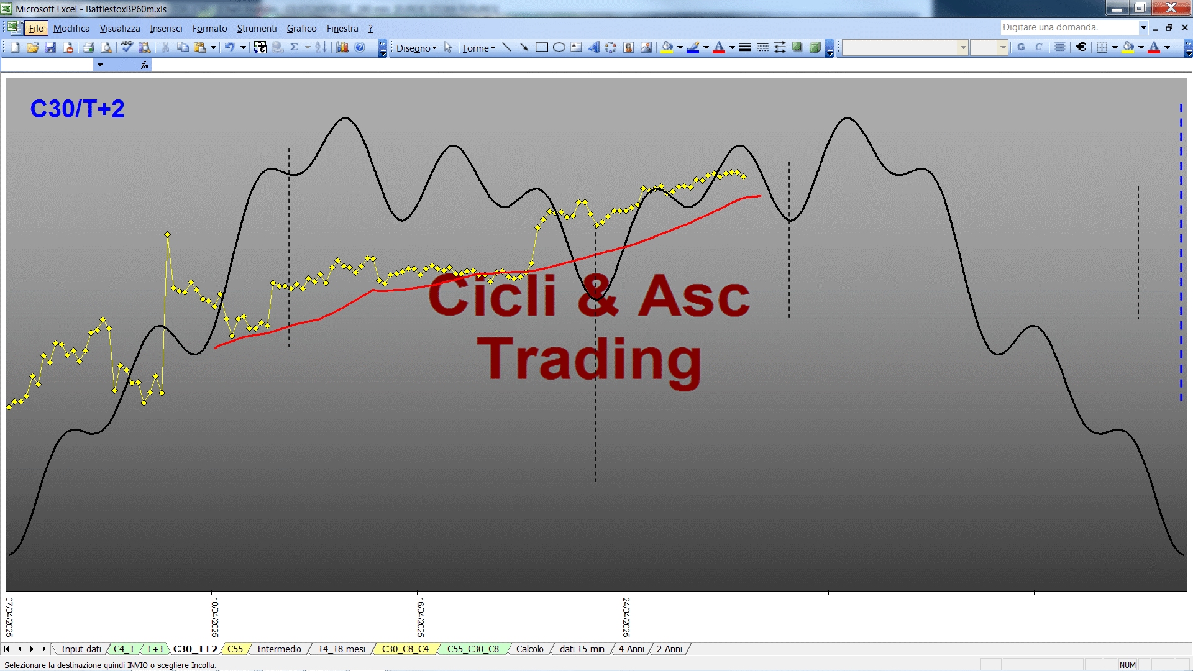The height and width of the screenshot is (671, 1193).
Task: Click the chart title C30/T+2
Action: (78, 109)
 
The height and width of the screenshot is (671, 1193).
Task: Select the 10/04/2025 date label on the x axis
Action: (215, 617)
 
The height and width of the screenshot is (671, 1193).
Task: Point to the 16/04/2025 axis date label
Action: (421, 617)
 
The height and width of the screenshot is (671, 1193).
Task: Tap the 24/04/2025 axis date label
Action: (626, 617)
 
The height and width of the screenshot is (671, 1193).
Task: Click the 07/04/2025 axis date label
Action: (9, 617)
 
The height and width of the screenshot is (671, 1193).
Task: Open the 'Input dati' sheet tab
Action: (81, 649)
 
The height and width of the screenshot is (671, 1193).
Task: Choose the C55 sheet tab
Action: (235, 649)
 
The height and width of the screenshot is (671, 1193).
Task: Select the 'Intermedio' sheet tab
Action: (279, 649)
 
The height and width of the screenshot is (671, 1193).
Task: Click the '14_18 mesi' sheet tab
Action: (342, 649)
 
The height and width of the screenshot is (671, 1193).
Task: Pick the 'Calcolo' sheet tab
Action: (530, 649)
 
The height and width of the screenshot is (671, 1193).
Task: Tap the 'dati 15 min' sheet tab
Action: (582, 649)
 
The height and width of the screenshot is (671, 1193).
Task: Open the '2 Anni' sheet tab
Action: (669, 649)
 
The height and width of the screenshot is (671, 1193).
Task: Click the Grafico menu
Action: (301, 29)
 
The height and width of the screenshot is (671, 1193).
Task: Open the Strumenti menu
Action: (257, 29)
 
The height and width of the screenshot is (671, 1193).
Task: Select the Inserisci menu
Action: (166, 29)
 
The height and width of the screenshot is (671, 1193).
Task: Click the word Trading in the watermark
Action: (589, 360)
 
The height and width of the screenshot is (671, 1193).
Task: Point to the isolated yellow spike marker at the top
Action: (167, 234)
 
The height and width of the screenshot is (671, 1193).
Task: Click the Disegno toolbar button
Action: (416, 48)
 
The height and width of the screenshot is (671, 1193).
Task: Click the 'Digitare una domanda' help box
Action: (1069, 27)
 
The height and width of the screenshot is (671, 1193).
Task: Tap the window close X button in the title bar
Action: (1171, 7)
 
